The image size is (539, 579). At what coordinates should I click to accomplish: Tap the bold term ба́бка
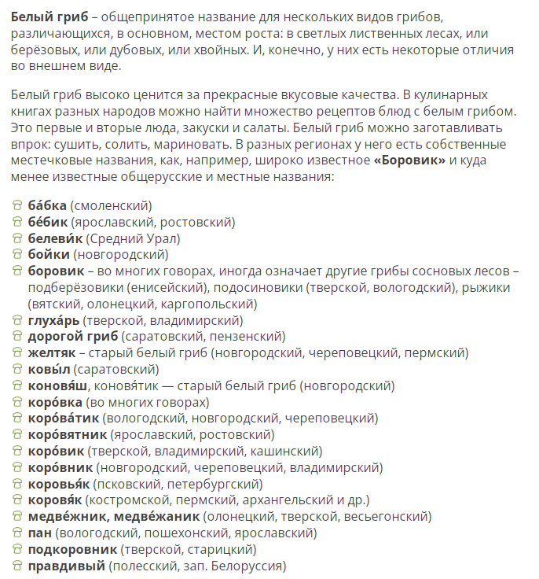47,205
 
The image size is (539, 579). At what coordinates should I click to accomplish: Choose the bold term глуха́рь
53,320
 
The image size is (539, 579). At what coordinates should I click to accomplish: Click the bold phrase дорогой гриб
73,337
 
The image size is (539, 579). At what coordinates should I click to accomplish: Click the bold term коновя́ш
58,386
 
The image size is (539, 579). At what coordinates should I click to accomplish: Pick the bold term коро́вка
55,402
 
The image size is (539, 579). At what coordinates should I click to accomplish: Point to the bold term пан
40,533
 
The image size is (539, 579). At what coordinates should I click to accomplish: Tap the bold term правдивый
66,566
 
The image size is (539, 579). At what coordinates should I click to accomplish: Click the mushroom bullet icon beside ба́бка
17,205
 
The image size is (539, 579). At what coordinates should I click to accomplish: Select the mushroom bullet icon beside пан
17,533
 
